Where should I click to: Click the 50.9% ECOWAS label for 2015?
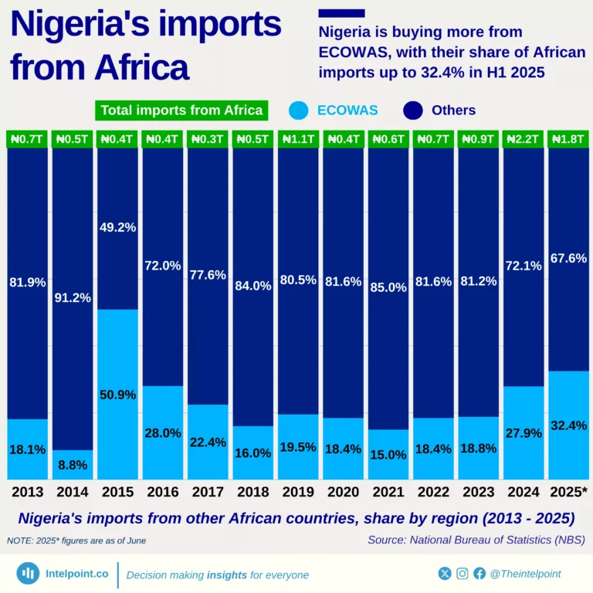pos(117,395)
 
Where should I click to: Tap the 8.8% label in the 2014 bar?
pos(73,465)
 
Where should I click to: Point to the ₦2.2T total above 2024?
pos(522,139)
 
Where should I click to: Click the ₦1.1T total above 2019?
pos(298,139)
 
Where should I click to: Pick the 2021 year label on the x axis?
pos(388,492)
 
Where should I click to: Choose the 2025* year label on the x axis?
pos(568,492)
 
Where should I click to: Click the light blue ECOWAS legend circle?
pos(300,110)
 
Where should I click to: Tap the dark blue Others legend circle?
pos(414,110)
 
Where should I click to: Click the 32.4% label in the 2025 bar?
pos(568,425)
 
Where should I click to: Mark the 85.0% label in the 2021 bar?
pos(388,287)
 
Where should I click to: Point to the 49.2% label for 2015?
pos(117,227)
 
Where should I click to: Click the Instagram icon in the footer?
pos(462,574)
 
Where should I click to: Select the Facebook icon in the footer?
pos(479,574)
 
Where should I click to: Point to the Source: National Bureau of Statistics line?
pos(476,540)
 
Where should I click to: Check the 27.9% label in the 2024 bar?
pos(523,433)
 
